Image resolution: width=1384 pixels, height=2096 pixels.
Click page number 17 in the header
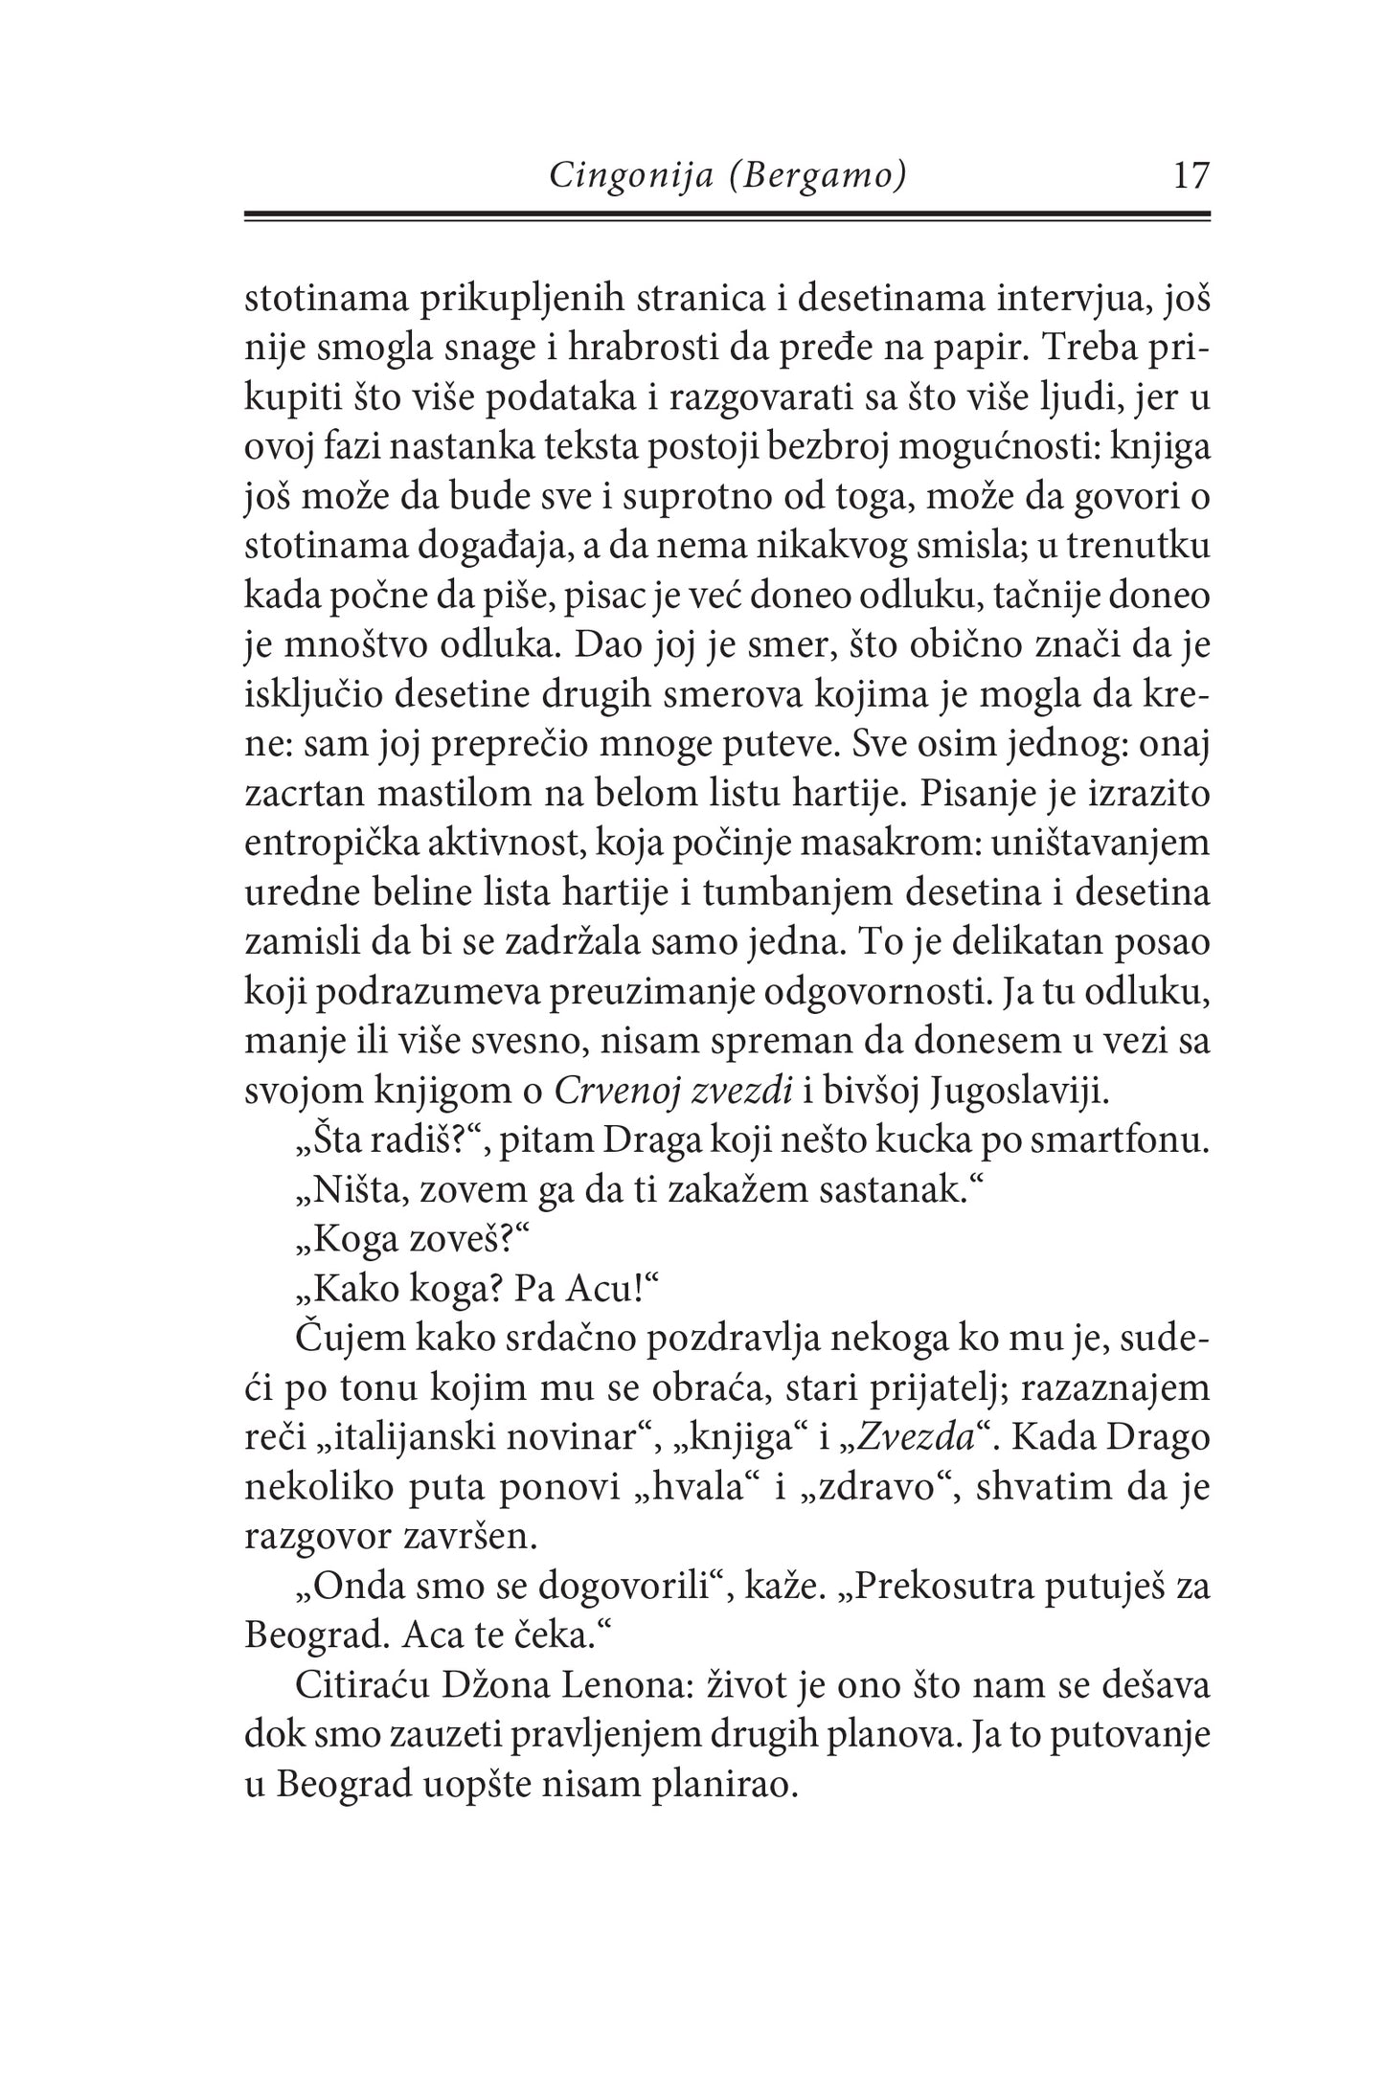click(1191, 176)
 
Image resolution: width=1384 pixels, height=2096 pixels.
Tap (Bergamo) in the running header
click(817, 177)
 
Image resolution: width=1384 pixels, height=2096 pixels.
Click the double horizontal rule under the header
click(728, 217)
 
